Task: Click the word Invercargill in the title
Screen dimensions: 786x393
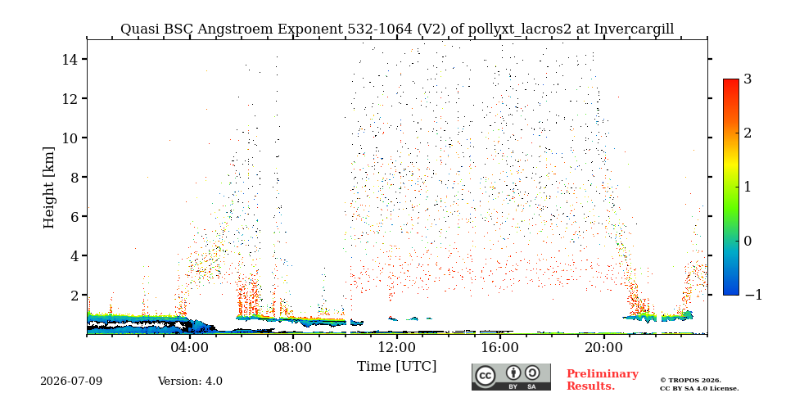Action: tap(634, 29)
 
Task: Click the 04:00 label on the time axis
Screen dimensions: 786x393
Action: tap(190, 348)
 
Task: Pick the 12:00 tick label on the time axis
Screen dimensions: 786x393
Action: tap(397, 348)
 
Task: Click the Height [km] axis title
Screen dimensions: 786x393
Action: tap(48, 187)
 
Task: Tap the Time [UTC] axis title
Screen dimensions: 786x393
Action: tap(397, 367)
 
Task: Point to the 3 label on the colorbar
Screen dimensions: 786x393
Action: tap(748, 79)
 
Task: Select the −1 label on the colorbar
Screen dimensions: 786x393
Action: tap(753, 295)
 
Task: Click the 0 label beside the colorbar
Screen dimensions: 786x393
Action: tap(748, 241)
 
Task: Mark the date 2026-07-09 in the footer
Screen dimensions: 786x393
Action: tap(71, 382)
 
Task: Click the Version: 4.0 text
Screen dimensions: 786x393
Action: tap(190, 382)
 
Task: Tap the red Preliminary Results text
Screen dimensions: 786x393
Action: tap(603, 379)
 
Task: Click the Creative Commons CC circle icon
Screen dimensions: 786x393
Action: tap(486, 377)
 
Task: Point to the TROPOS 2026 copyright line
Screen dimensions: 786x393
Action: tap(691, 381)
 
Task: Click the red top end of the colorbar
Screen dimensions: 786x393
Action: tap(731, 80)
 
